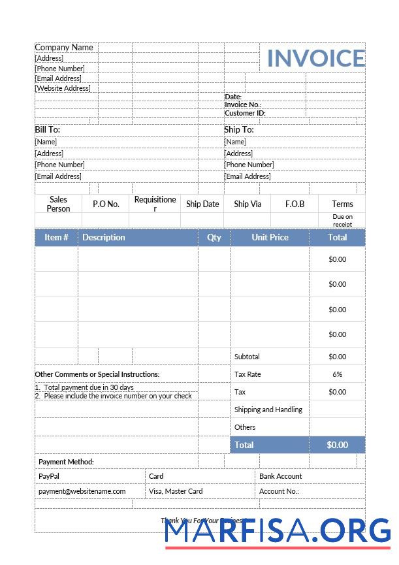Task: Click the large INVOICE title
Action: click(x=315, y=58)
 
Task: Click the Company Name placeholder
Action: click(x=64, y=48)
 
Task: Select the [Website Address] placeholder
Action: click(x=63, y=88)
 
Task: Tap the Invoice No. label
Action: click(x=243, y=105)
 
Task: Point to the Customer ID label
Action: click(x=245, y=113)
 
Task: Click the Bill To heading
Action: click(x=47, y=130)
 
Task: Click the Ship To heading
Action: click(x=239, y=130)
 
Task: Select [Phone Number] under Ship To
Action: click(x=249, y=165)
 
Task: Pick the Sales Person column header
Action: click(x=58, y=204)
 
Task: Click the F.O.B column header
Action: click(x=295, y=204)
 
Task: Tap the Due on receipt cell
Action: click(x=342, y=221)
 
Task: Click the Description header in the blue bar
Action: click(x=104, y=237)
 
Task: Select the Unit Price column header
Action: click(x=270, y=237)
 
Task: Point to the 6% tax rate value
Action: click(x=337, y=374)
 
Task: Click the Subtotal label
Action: click(x=247, y=357)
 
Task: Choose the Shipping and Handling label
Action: click(x=268, y=410)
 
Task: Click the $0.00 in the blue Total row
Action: click(x=337, y=445)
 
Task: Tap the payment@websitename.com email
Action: click(x=82, y=491)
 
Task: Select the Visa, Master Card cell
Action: click(x=176, y=491)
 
